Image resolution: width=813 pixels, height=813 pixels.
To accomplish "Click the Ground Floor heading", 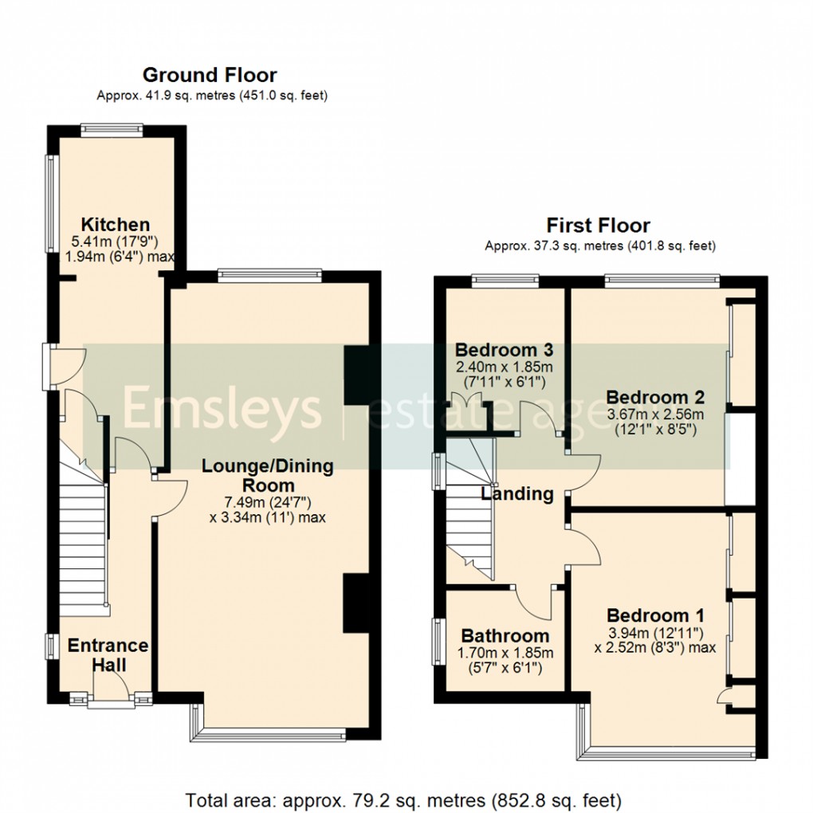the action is click(210, 75).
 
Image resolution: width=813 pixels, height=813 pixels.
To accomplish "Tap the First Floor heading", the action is click(599, 226).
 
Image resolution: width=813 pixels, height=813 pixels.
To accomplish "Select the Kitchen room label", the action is click(116, 225).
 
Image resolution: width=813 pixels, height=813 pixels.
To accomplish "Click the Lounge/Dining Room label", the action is click(268, 475).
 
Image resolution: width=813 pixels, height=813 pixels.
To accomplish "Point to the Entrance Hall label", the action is click(108, 655).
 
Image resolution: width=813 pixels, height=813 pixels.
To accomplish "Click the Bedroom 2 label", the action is click(655, 397).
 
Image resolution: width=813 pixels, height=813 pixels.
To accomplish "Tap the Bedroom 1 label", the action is click(655, 615).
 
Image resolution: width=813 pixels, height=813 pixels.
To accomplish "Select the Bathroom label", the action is click(505, 635).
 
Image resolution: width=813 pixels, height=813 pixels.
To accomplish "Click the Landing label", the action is click(517, 493).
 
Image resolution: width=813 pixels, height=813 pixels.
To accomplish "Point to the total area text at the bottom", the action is click(403, 800).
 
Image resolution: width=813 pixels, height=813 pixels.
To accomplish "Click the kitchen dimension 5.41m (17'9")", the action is click(115, 241).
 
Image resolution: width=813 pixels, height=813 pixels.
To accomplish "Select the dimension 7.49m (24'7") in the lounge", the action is click(268, 502).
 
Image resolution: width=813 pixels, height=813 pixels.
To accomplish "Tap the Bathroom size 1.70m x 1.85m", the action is click(505, 652).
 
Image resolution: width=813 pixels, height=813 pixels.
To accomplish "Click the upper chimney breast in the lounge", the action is click(357, 375).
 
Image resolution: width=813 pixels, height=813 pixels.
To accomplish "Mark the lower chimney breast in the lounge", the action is click(356, 603).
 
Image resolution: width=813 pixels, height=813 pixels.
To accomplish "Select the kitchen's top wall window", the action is click(112, 130).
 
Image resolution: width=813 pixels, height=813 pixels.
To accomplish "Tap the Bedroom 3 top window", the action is click(505, 281).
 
